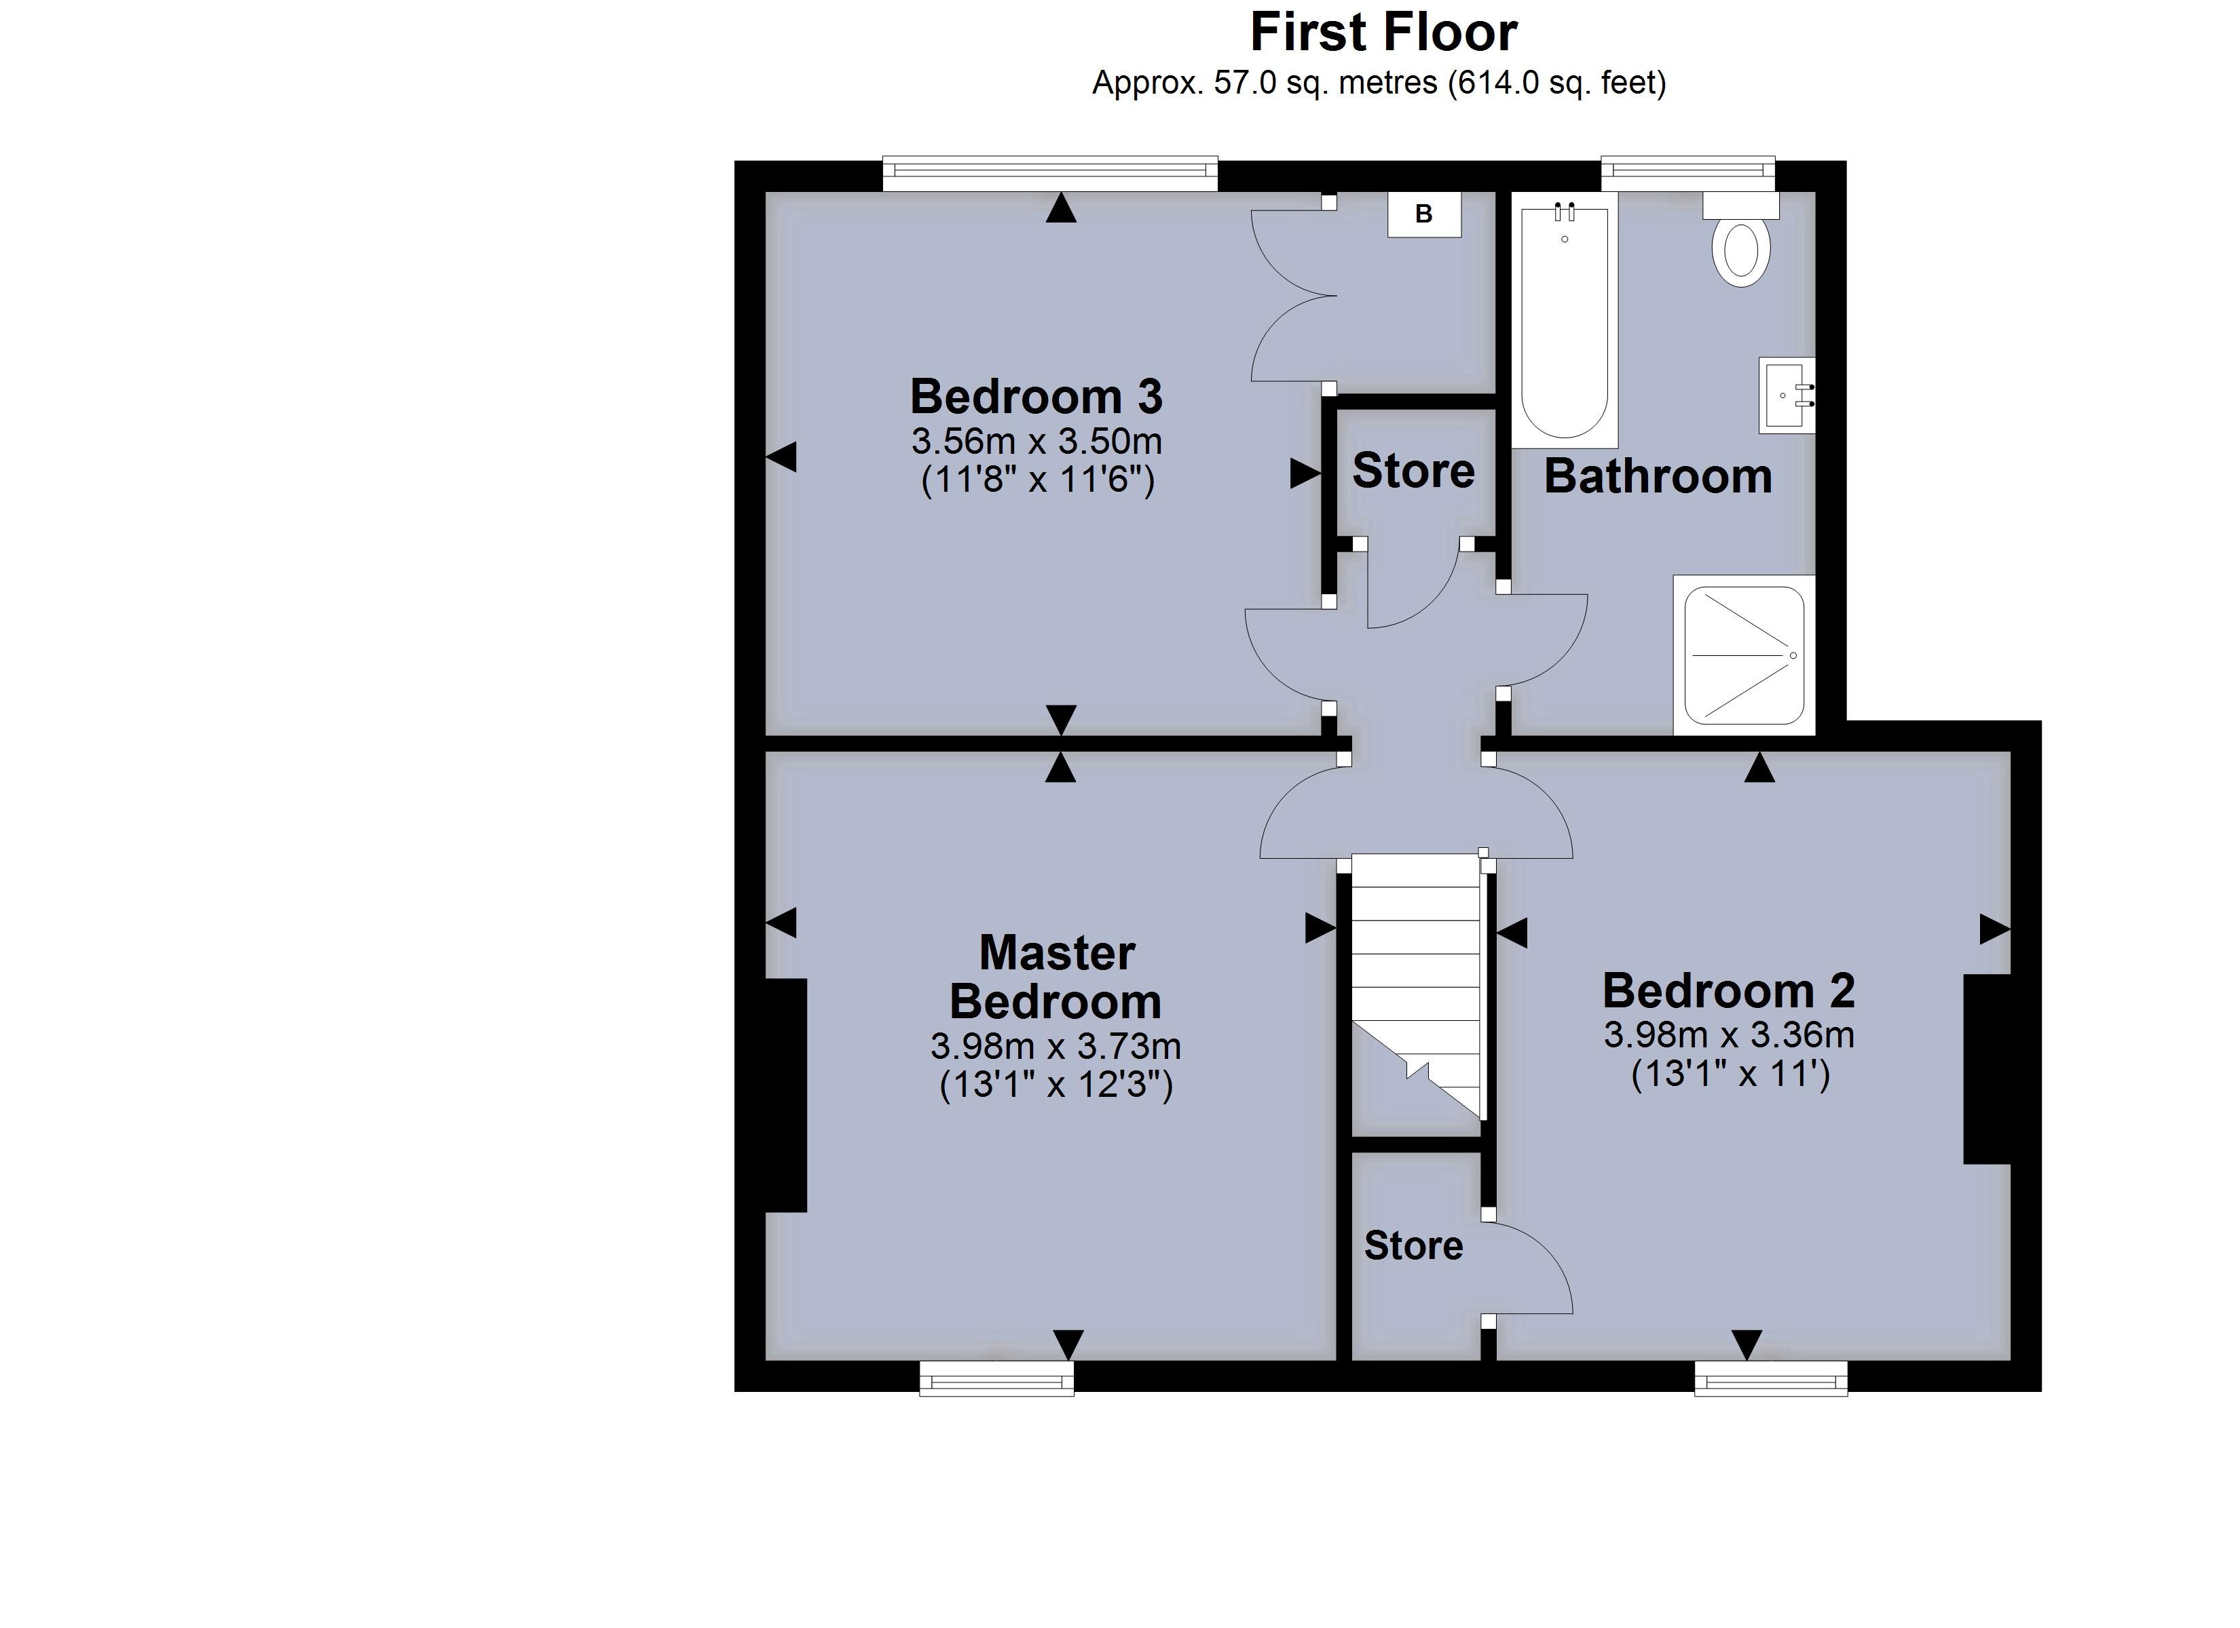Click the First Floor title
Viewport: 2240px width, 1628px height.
click(1383, 33)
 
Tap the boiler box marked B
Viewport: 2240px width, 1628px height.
click(1423, 214)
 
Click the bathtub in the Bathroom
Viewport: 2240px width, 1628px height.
click(1565, 321)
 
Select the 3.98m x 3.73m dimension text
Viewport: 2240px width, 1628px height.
click(1055, 1045)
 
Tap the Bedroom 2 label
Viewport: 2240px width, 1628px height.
click(1728, 990)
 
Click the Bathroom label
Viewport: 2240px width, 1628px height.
click(1658, 477)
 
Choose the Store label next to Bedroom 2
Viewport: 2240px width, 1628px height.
click(1413, 1246)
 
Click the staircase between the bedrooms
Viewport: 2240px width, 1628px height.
click(1415, 987)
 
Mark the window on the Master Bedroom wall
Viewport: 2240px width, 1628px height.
click(996, 1378)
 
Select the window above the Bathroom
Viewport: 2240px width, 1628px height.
click(1687, 174)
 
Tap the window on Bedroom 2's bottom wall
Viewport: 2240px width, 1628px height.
click(1770, 1378)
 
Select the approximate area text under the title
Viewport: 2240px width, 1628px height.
click(1379, 83)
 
